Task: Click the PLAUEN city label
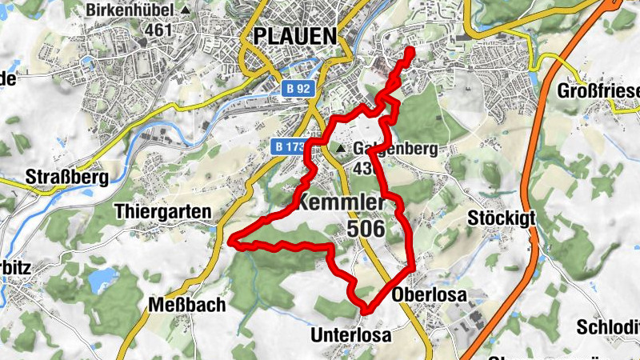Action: (x=294, y=36)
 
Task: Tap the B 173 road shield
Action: (x=289, y=147)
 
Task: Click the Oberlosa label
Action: (x=429, y=294)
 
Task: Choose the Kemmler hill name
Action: (x=344, y=203)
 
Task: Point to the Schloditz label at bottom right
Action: (x=607, y=329)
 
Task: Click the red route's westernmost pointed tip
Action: (x=231, y=239)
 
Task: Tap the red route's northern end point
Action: (x=411, y=50)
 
